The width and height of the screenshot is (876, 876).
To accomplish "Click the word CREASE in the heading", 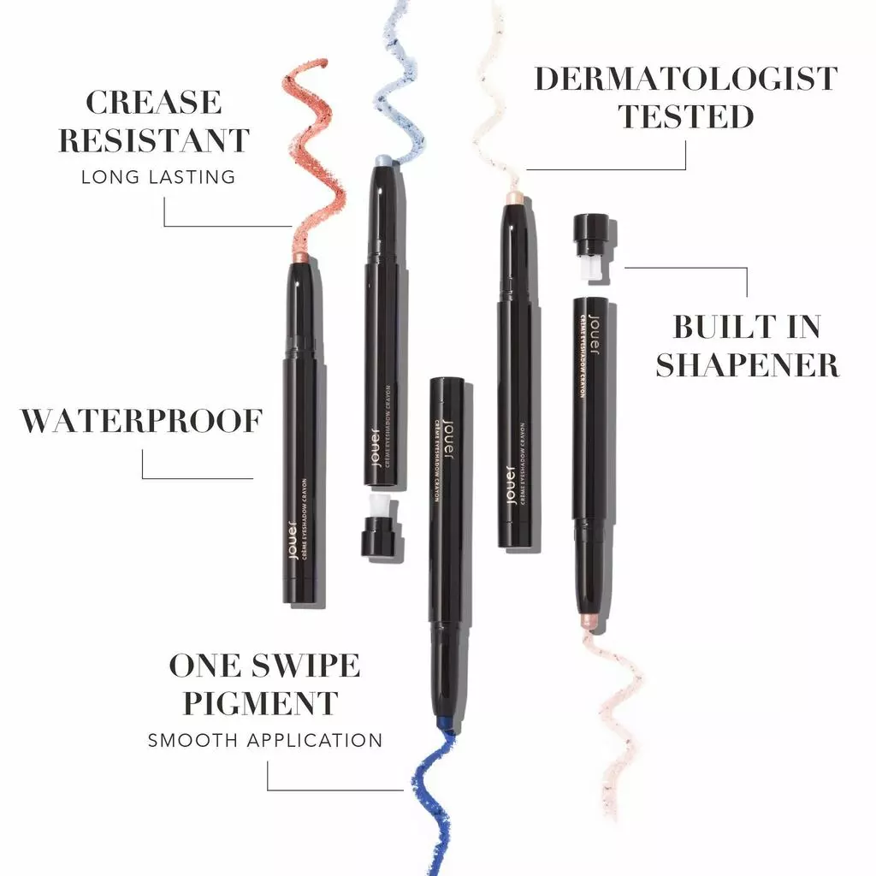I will click(x=153, y=103).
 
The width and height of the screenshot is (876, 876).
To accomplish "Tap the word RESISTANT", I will click(x=154, y=140).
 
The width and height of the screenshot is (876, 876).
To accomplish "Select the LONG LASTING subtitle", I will click(x=157, y=177).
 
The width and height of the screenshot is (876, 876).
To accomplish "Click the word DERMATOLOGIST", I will click(x=685, y=79).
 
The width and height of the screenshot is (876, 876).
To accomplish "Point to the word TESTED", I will click(x=685, y=116).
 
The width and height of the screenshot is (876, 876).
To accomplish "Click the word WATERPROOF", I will click(x=141, y=421).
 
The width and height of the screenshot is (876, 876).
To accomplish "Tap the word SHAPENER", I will click(x=747, y=364).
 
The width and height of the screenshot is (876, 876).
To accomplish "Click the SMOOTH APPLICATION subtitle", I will click(x=265, y=740).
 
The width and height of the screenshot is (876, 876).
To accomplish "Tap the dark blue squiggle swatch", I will click(x=428, y=804).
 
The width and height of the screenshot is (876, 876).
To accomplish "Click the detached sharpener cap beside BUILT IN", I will click(x=591, y=248).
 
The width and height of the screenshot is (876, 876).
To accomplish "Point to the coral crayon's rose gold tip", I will click(x=301, y=257).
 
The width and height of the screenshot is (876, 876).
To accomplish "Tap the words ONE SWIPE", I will click(x=263, y=666).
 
